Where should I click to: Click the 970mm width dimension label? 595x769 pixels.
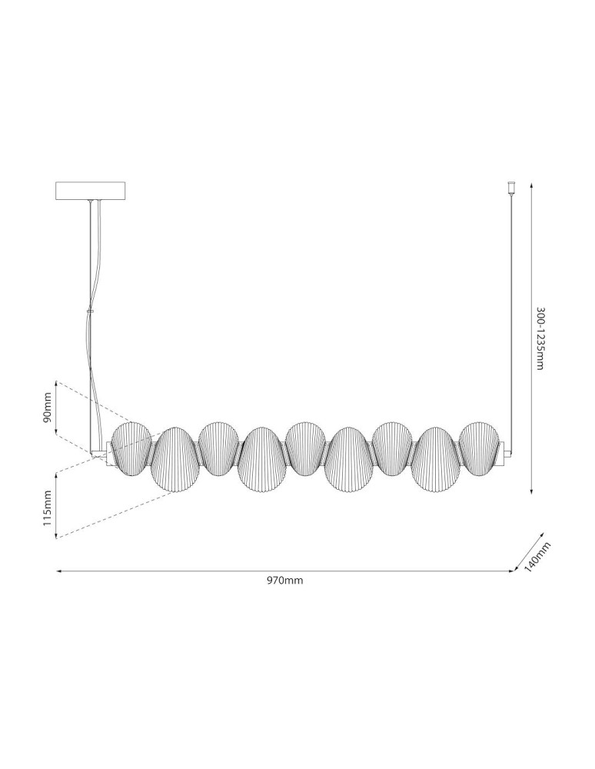(x=284, y=581)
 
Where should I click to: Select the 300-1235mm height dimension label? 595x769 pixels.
(x=540, y=338)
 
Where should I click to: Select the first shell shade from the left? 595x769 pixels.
(x=131, y=446)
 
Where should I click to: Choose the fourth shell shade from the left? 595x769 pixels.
(x=262, y=460)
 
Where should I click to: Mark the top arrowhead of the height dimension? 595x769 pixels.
(x=532, y=184)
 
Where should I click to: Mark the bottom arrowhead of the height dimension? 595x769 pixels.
(x=532, y=491)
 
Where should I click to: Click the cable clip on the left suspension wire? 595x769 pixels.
(x=90, y=311)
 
